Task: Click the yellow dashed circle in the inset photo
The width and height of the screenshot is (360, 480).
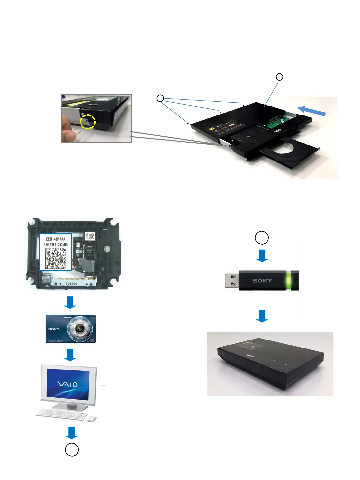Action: tap(88, 122)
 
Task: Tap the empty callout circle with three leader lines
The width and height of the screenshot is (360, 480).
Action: tap(160, 98)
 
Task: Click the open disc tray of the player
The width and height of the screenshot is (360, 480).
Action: tap(290, 152)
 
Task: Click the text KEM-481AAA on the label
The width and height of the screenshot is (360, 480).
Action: tap(56, 239)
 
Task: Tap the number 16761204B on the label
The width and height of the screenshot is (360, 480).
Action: tap(56, 244)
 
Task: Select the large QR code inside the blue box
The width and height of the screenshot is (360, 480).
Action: tap(56, 258)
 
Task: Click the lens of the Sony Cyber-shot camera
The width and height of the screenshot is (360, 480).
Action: tap(79, 329)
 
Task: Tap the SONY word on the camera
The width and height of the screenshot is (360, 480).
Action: tap(54, 329)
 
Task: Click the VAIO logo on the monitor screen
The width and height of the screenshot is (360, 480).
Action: tap(68, 384)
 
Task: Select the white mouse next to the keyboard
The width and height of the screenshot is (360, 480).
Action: tap(92, 419)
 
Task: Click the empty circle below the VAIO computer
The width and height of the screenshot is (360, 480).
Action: tap(72, 450)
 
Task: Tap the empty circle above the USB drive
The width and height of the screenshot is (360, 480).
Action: tap(262, 238)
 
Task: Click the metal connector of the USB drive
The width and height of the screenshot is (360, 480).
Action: tap(232, 280)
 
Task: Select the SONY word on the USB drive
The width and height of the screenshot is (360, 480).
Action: tap(262, 281)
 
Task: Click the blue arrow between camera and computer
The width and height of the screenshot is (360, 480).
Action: tap(70, 355)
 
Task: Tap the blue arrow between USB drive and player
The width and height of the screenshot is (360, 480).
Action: tap(262, 316)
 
